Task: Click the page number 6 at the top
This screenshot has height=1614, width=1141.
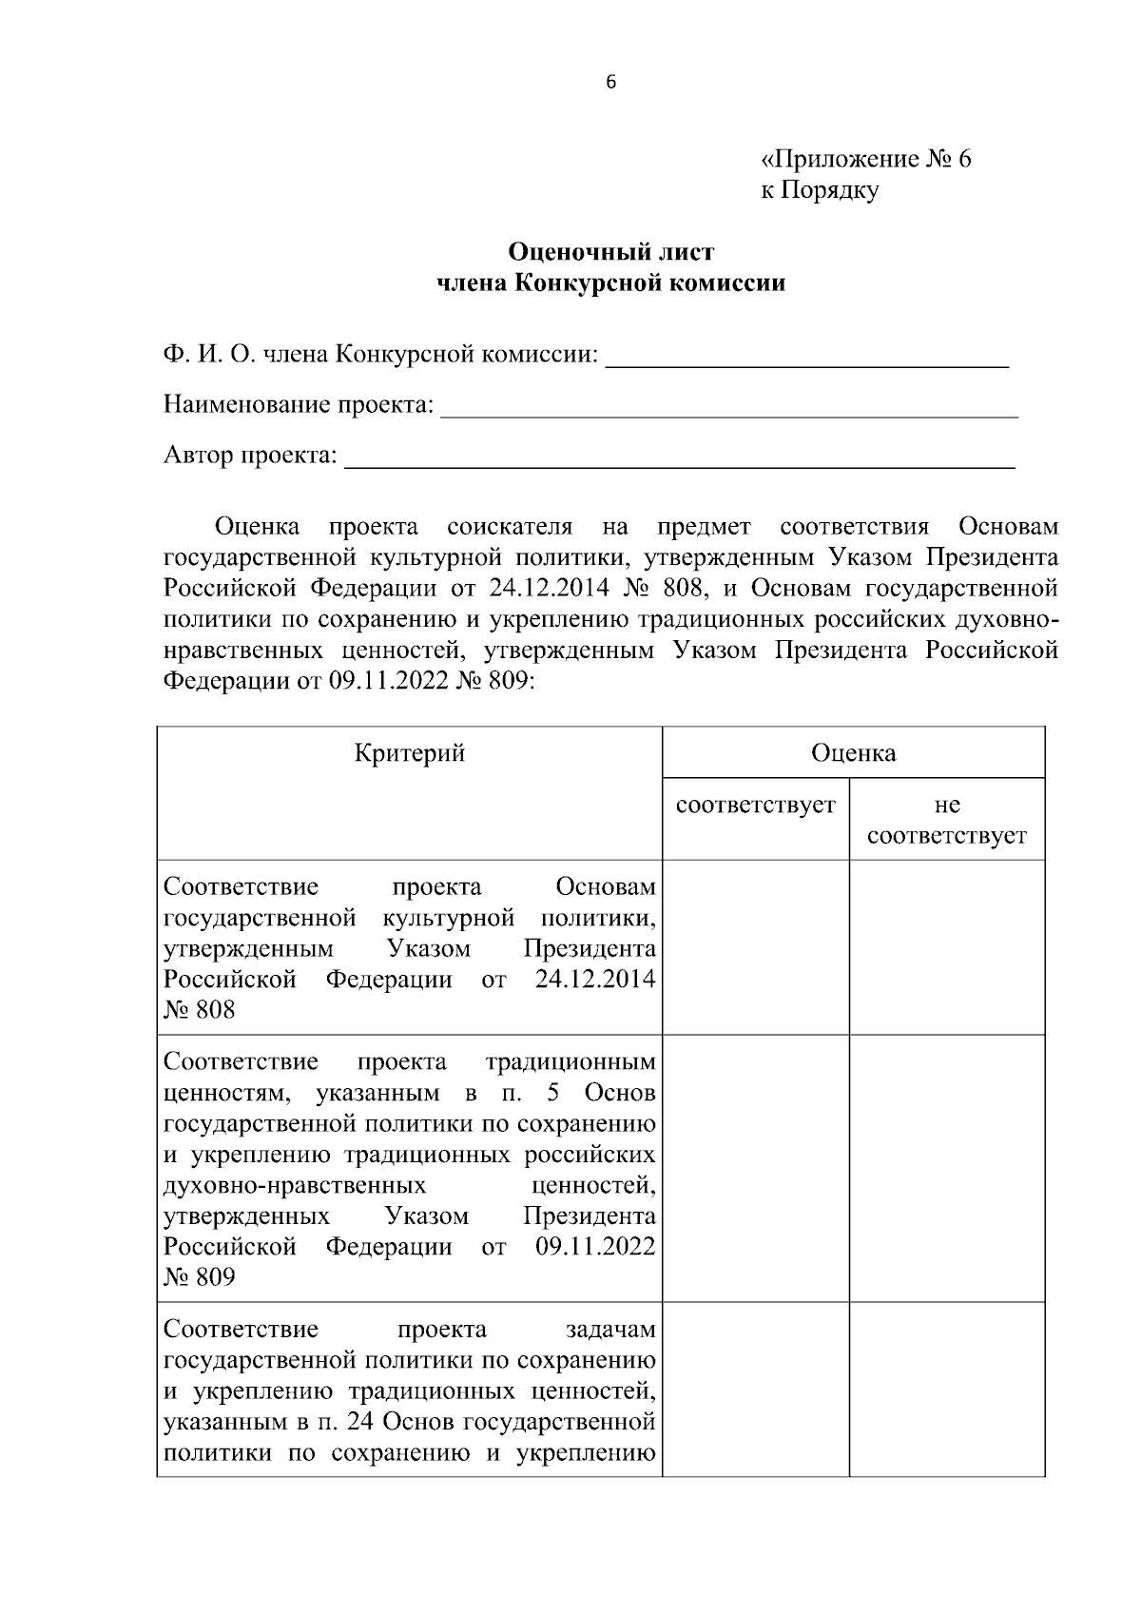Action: click(610, 83)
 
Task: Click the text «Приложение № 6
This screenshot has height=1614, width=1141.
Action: click(865, 159)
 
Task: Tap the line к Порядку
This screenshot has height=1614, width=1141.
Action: click(819, 190)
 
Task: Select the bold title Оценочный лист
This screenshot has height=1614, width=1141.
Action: click(610, 252)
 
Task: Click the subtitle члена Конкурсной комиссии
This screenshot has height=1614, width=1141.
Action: click(610, 283)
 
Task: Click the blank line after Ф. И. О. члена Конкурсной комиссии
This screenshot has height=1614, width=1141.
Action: click(806, 357)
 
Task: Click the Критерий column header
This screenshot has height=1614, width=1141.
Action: click(410, 754)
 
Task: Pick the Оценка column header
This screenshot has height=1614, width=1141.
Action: click(853, 754)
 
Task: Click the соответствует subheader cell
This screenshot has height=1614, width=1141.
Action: click(756, 806)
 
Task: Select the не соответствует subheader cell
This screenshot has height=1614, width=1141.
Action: click(947, 821)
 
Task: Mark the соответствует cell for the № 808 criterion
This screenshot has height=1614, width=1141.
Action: click(756, 947)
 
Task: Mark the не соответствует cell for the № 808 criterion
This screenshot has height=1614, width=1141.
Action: click(947, 947)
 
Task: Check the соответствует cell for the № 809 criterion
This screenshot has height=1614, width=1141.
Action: click(756, 1168)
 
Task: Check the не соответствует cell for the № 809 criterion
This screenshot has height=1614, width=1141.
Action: click(947, 1168)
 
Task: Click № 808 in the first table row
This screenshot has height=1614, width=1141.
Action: click(199, 1010)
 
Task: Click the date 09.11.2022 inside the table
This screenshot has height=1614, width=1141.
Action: click(595, 1246)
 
